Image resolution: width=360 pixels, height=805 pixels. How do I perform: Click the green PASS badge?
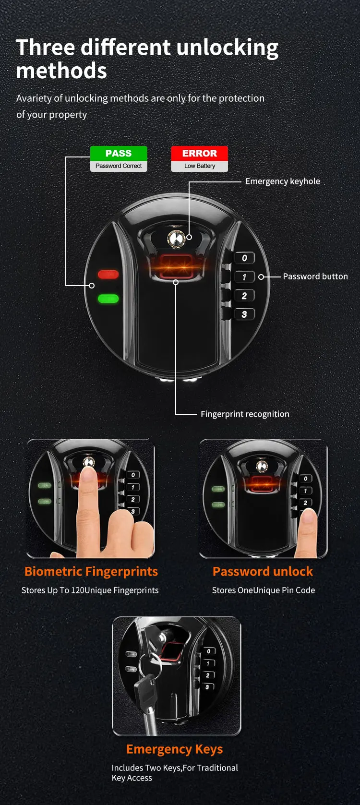tap(119, 153)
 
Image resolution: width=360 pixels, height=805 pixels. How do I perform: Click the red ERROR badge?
tap(199, 153)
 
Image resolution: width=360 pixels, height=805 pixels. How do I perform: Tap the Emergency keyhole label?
tap(282, 181)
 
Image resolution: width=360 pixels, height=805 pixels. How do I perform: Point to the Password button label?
tap(315, 276)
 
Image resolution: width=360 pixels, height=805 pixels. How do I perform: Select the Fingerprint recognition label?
tap(245, 414)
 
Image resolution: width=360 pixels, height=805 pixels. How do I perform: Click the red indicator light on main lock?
tap(108, 274)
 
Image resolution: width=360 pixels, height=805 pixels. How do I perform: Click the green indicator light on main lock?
tap(108, 299)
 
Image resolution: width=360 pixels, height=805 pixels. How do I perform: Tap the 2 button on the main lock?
tap(244, 296)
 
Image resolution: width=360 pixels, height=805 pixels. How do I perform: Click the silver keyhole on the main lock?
tap(176, 238)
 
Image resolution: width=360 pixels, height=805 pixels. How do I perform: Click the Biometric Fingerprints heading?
tap(91, 571)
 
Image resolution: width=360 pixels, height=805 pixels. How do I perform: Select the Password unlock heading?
tap(263, 571)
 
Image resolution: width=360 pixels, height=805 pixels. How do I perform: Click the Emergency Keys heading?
tap(174, 749)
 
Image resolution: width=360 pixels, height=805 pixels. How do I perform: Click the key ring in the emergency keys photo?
tap(150, 665)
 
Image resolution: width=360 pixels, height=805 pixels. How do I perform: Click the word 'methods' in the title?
tap(61, 71)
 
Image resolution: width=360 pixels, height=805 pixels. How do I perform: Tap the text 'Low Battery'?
tap(199, 166)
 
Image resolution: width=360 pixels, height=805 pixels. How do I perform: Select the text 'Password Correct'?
tap(119, 166)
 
